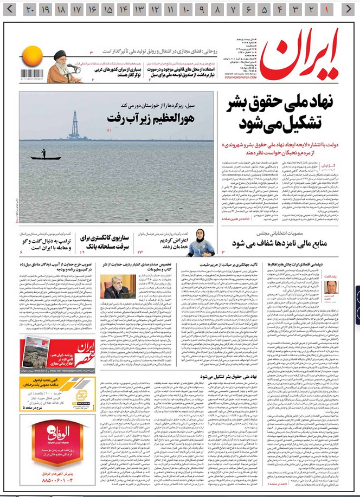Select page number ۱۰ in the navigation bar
click(187, 9)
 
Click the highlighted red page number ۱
click(327, 9)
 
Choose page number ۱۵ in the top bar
click(108, 9)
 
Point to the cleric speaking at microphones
click(61, 66)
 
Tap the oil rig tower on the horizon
click(74, 126)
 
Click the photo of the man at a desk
click(116, 287)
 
